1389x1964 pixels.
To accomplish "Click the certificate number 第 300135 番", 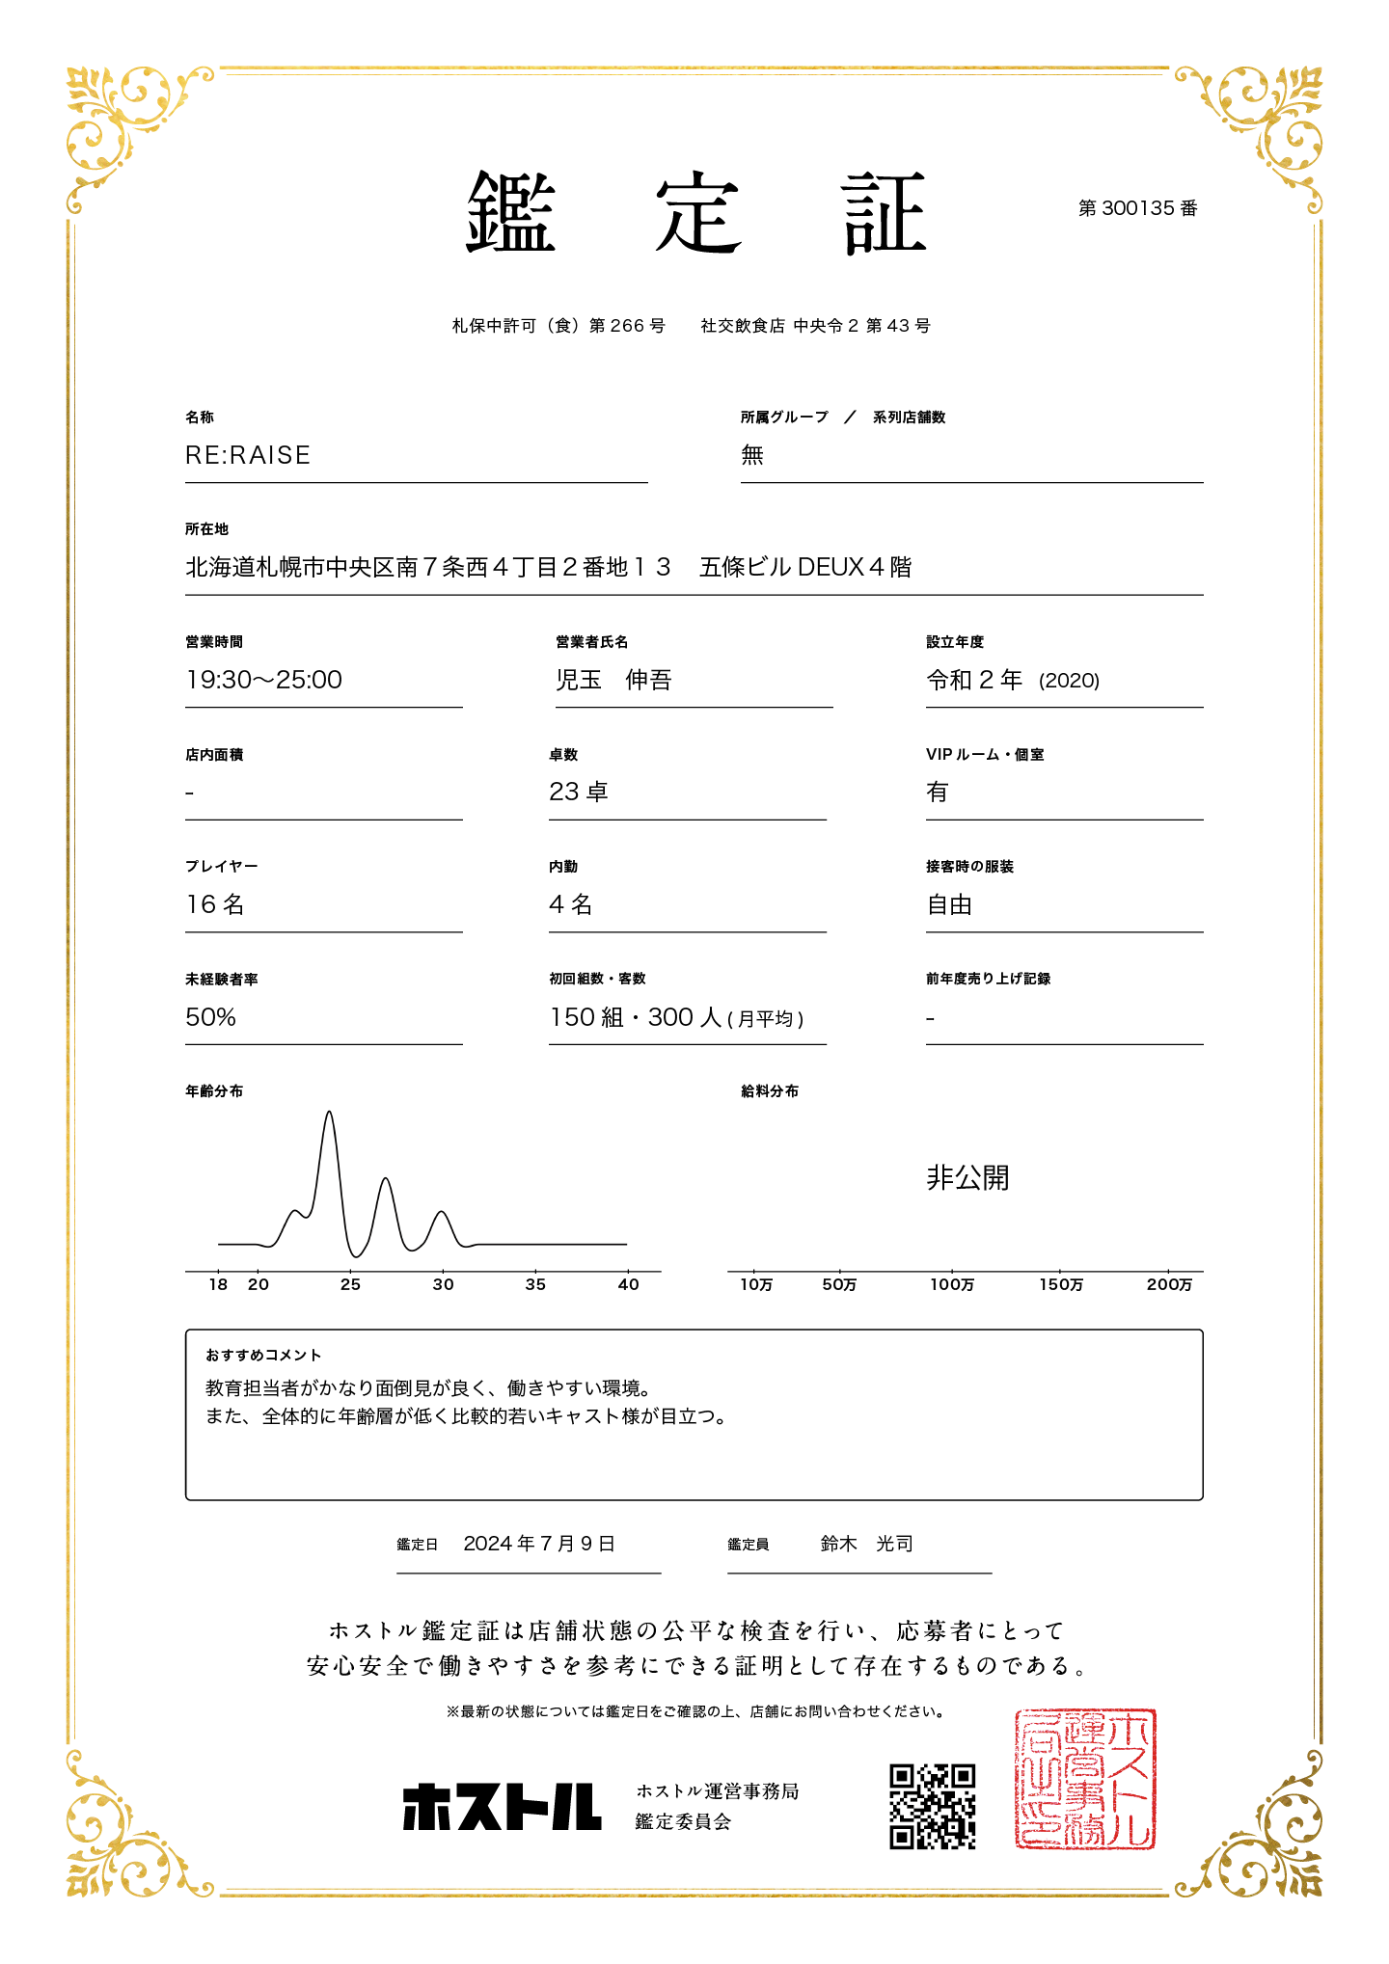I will [x=1137, y=208].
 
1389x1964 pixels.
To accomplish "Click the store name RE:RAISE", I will [x=248, y=455].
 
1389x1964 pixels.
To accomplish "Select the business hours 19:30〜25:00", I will [x=264, y=680].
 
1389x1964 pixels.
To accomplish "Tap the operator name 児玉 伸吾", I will [x=613, y=680].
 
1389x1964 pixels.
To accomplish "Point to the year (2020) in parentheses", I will [x=1069, y=681].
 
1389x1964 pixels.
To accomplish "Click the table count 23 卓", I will [x=579, y=792].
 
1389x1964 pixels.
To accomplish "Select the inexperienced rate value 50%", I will [x=211, y=1017].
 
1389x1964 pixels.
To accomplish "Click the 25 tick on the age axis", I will [x=350, y=1284].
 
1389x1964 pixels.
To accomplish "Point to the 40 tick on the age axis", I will [x=628, y=1284].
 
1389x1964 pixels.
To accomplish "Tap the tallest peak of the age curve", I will [x=330, y=1114].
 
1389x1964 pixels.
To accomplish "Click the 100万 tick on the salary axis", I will [x=952, y=1284].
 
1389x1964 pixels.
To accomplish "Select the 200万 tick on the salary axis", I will [x=1169, y=1284].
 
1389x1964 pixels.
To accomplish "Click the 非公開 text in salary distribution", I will [x=967, y=1177].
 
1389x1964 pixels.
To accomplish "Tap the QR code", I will [x=932, y=1807].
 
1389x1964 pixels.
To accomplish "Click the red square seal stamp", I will [x=1084, y=1780].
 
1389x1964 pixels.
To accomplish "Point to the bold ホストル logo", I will [x=502, y=1807].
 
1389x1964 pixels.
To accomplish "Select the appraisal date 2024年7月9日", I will [x=539, y=1544].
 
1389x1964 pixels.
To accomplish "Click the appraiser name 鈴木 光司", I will [x=866, y=1544].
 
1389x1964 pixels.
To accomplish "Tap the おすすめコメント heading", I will [x=263, y=1356].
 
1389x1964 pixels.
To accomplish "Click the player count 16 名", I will [x=215, y=904].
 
